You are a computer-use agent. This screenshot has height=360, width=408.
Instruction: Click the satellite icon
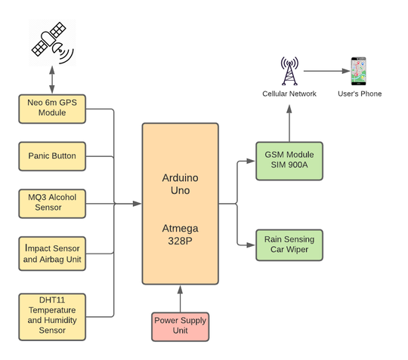[51, 42]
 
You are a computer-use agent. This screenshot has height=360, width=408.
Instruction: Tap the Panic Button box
[51, 156]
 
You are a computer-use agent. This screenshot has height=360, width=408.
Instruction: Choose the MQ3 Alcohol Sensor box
[51, 202]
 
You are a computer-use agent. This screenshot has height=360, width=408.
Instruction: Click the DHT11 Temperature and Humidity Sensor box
[51, 315]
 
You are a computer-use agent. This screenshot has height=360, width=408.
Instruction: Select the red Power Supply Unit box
[180, 325]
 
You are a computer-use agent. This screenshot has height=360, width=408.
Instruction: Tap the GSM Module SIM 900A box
[289, 161]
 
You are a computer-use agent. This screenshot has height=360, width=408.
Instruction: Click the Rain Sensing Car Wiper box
[289, 245]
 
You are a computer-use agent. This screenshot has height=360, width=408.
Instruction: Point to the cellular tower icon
[289, 71]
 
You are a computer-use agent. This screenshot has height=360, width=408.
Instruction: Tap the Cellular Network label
[289, 94]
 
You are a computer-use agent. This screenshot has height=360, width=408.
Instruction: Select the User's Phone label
[359, 94]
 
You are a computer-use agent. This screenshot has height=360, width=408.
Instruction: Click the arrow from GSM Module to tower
[289, 121]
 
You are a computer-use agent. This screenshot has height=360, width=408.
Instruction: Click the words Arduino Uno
[180, 185]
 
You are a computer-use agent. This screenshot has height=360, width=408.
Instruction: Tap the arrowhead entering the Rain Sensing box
[252, 245]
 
